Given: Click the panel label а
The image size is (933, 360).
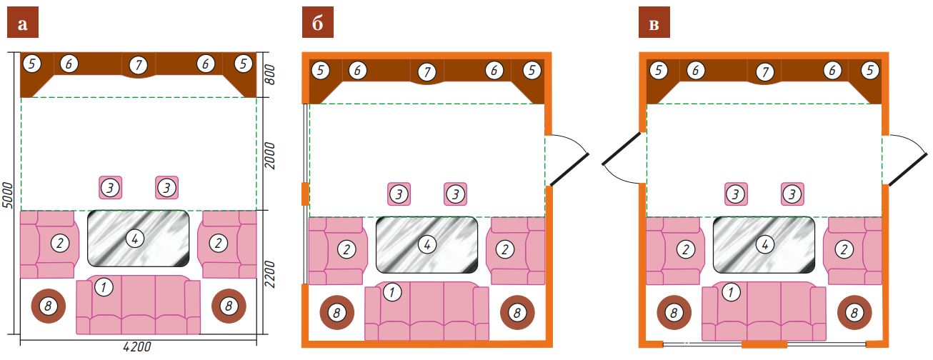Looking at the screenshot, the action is click(x=23, y=23).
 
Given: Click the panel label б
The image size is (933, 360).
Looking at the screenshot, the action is click(x=318, y=23).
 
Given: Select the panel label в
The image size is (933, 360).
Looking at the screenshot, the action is click(x=654, y=23).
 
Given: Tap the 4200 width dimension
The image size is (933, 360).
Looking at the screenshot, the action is click(x=137, y=346).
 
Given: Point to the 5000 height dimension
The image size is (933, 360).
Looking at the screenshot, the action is click(x=8, y=195).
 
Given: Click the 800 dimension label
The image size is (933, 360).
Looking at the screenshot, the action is click(x=270, y=74).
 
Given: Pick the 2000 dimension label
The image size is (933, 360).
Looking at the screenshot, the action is click(x=270, y=156).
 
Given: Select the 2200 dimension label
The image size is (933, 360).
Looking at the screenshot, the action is click(x=270, y=274).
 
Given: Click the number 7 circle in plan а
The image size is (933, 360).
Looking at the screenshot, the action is click(x=139, y=65).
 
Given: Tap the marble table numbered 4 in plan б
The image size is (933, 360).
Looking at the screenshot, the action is click(x=426, y=245).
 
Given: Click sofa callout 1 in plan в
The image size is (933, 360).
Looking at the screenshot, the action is click(x=731, y=291).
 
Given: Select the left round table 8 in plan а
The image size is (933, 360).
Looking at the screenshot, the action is click(x=49, y=306).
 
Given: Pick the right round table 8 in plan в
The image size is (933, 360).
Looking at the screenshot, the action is click(x=854, y=313).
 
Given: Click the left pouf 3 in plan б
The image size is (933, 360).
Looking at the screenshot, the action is click(x=399, y=194).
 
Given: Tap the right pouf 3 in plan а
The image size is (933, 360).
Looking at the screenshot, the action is click(x=167, y=187).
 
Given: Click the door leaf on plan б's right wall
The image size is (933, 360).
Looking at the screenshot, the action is click(x=569, y=169).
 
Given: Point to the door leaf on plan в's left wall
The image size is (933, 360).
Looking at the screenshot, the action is click(x=622, y=149).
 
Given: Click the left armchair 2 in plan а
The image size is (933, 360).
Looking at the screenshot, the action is click(x=49, y=244).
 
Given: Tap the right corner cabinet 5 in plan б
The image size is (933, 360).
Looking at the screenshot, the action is click(x=529, y=80).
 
